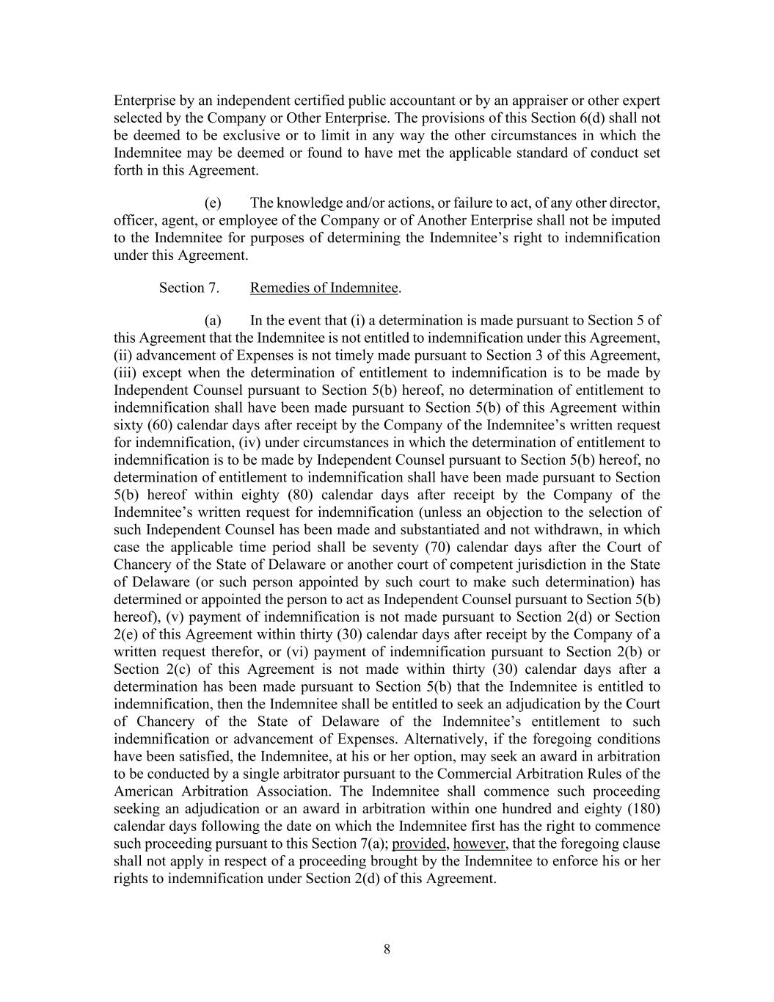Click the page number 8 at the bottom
(387, 949)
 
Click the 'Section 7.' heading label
(189, 288)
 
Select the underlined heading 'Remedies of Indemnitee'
(324, 288)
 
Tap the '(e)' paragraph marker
(213, 203)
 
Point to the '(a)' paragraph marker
(213, 321)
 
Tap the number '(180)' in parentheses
(639, 809)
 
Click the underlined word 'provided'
(419, 843)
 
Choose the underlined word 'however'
(479, 843)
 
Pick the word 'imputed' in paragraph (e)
(635, 220)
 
